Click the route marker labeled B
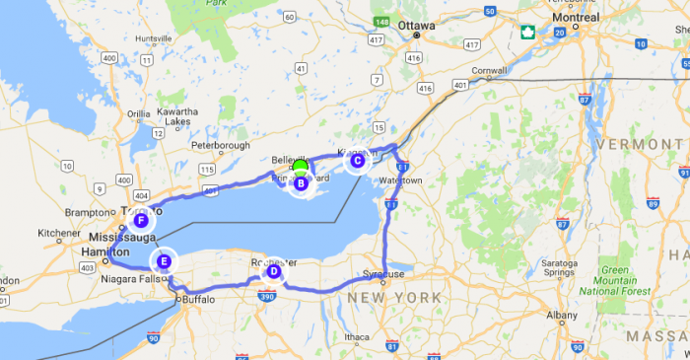point(301,182)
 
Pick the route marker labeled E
point(164,261)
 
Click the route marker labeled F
point(144,221)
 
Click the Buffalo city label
point(198,299)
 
